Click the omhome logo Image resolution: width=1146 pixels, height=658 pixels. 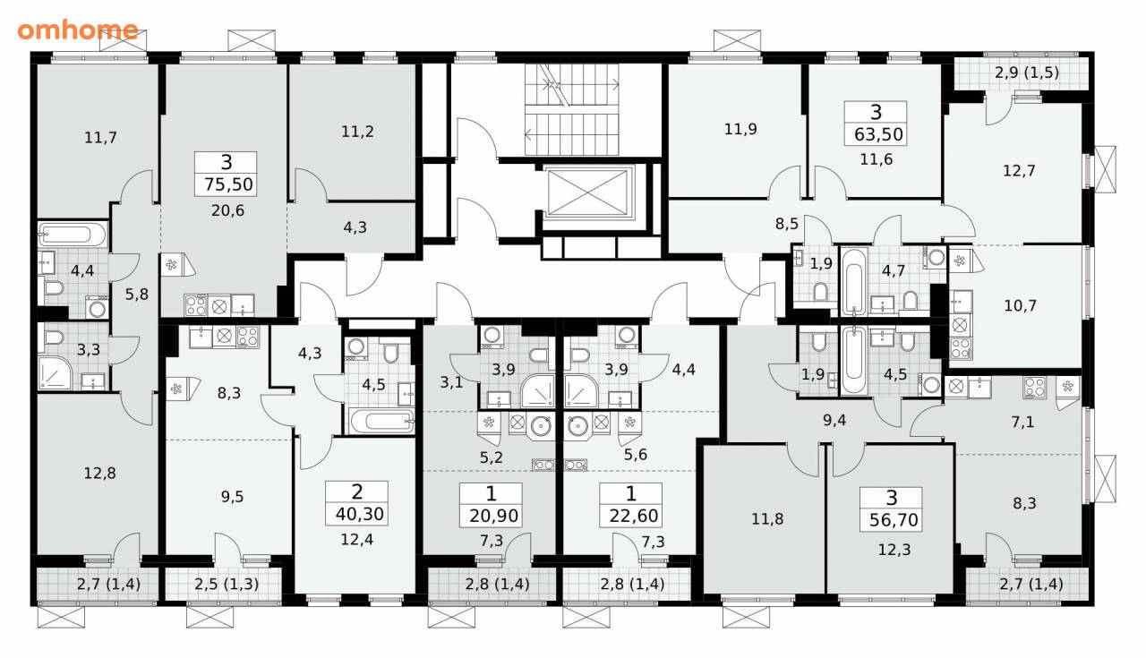click(x=78, y=30)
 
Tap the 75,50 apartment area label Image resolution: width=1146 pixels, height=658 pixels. click(x=228, y=184)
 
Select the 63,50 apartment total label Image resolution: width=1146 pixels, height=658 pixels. click(x=878, y=134)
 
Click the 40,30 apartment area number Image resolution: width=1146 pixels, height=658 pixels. click(x=360, y=514)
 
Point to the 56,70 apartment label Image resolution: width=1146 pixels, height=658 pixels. click(x=894, y=520)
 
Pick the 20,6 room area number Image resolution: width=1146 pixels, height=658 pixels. click(x=227, y=210)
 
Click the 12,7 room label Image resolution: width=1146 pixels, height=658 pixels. click(x=1019, y=170)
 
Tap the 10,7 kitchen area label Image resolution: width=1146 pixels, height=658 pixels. click(x=1020, y=306)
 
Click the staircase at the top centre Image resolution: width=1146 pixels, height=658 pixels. click(x=572, y=109)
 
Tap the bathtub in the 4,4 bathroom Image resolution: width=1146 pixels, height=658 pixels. click(x=73, y=235)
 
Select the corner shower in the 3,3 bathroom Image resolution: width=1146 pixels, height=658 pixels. click(x=55, y=372)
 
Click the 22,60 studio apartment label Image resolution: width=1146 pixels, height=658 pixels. click(x=633, y=516)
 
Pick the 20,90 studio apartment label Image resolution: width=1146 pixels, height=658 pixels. click(x=493, y=516)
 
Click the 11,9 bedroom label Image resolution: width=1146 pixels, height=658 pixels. click(x=740, y=129)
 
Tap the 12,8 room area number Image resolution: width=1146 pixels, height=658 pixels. click(x=99, y=474)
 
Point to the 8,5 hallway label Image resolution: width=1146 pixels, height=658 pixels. click(x=787, y=224)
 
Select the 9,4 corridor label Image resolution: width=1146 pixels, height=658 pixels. click(x=834, y=421)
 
